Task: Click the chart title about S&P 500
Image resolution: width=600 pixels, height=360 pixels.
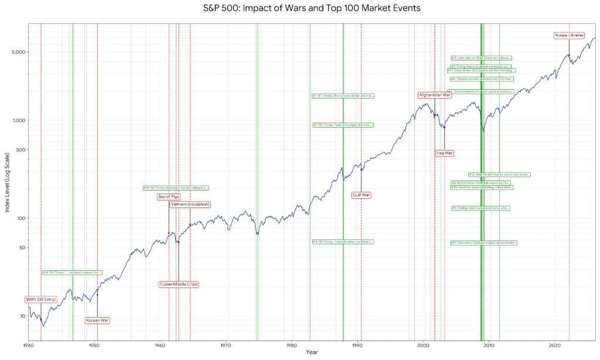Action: tap(312, 8)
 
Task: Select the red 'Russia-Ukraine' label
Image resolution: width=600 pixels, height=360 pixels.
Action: tap(568, 36)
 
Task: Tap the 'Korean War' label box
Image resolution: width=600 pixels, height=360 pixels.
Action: tap(97, 320)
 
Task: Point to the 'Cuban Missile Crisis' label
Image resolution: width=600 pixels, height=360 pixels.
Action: tap(179, 284)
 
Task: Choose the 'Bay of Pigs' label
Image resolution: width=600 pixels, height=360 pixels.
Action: tap(169, 197)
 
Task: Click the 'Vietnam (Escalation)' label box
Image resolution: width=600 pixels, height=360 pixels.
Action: tap(190, 205)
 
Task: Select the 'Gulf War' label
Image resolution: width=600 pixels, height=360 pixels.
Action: tap(362, 195)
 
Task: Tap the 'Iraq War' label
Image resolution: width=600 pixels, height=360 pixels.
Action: tap(445, 153)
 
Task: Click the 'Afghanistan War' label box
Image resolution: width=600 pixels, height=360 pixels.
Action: tap(434, 95)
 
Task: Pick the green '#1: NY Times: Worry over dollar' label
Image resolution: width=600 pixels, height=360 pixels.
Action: tap(343, 96)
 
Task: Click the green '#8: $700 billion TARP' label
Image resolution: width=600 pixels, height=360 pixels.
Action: tap(480, 183)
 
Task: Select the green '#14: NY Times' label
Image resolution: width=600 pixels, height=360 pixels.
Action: tap(72, 273)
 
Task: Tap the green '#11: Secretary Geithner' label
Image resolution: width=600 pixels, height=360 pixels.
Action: tap(484, 243)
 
